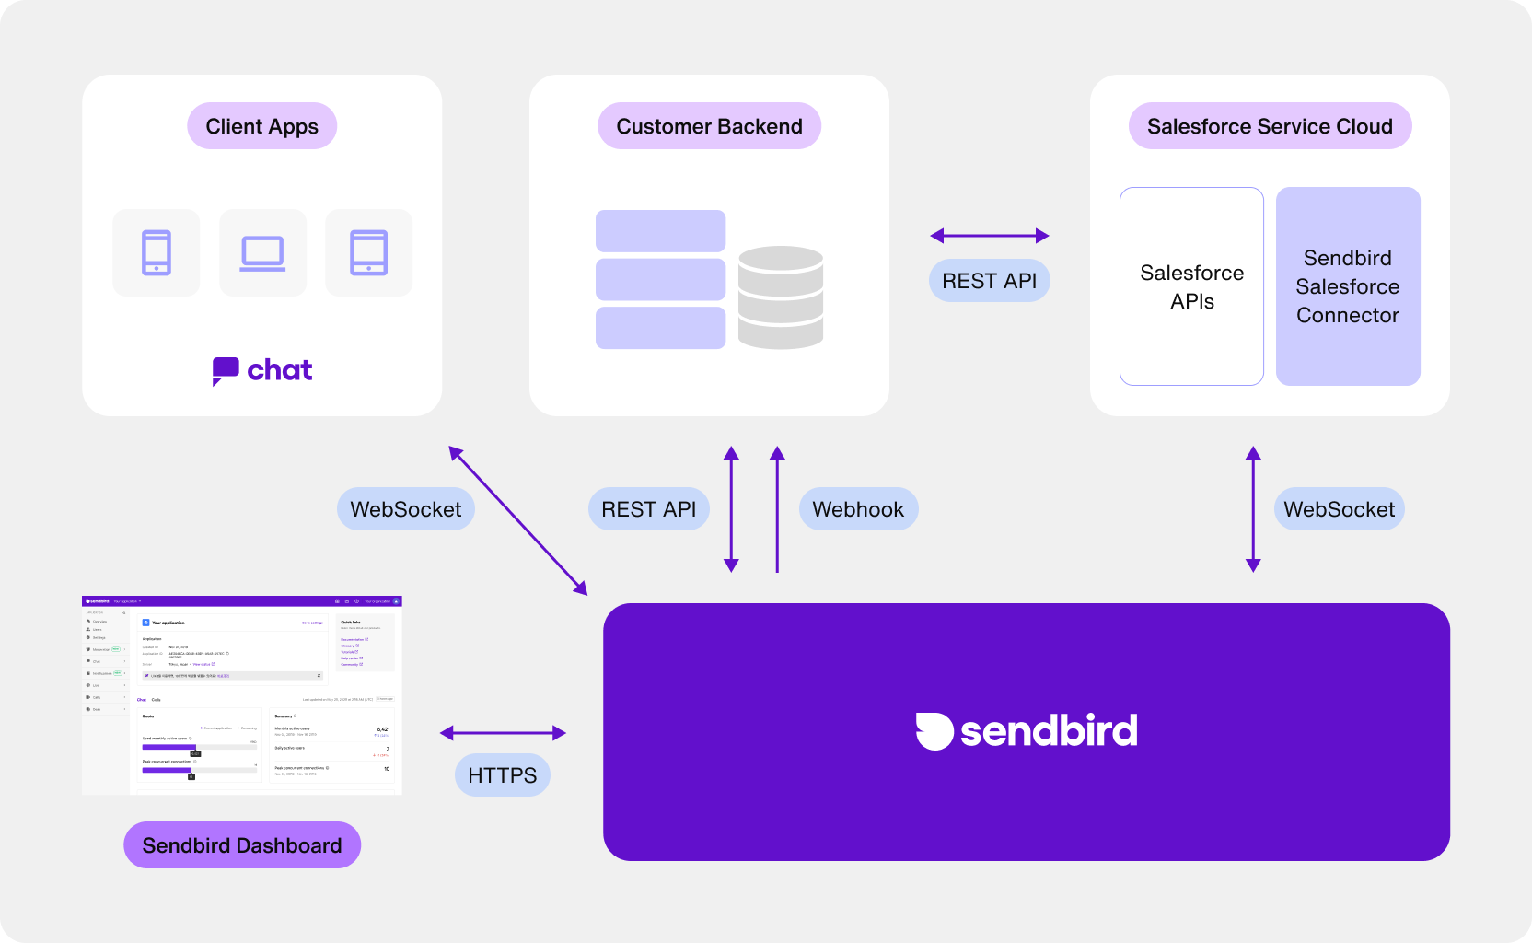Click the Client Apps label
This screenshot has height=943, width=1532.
click(261, 126)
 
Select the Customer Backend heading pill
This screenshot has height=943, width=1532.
click(709, 126)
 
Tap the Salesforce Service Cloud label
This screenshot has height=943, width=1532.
click(1270, 126)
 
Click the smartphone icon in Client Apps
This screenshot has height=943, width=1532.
click(157, 252)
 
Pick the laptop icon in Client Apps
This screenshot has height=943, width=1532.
click(262, 252)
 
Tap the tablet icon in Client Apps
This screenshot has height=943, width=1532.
click(369, 252)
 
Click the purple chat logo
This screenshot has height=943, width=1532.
click(262, 370)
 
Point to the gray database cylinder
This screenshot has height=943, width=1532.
click(780, 297)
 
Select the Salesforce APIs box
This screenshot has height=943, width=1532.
click(1191, 286)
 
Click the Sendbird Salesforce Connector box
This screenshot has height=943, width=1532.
click(1348, 286)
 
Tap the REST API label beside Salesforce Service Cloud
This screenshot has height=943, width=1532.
click(989, 281)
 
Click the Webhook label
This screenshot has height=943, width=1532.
click(858, 509)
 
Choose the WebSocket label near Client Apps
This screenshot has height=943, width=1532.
click(405, 509)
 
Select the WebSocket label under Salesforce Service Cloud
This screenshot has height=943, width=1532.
click(1339, 509)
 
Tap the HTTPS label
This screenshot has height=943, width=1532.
click(502, 775)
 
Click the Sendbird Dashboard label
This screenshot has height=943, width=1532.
click(242, 845)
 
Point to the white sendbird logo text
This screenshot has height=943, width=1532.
click(1048, 731)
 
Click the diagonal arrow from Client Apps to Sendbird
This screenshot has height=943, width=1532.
click(517, 520)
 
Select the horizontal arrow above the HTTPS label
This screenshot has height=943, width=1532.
click(503, 733)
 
